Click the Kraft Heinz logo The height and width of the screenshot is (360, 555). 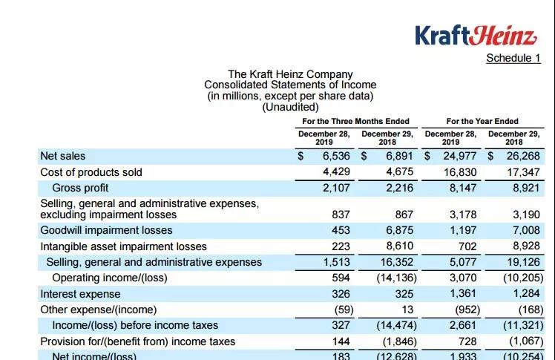(x=475, y=35)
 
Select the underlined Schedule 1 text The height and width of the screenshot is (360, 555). (x=513, y=58)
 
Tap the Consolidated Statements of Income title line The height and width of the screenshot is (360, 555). (x=290, y=85)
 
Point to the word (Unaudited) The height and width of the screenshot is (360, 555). (x=290, y=107)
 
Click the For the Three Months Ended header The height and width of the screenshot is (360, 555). (x=355, y=121)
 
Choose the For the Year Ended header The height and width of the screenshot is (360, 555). (x=482, y=121)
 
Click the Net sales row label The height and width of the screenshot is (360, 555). (x=63, y=156)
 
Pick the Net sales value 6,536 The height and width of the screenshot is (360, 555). (x=336, y=156)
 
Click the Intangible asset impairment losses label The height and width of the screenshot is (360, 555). (x=124, y=246)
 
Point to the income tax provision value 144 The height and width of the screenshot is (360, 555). (x=341, y=341)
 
